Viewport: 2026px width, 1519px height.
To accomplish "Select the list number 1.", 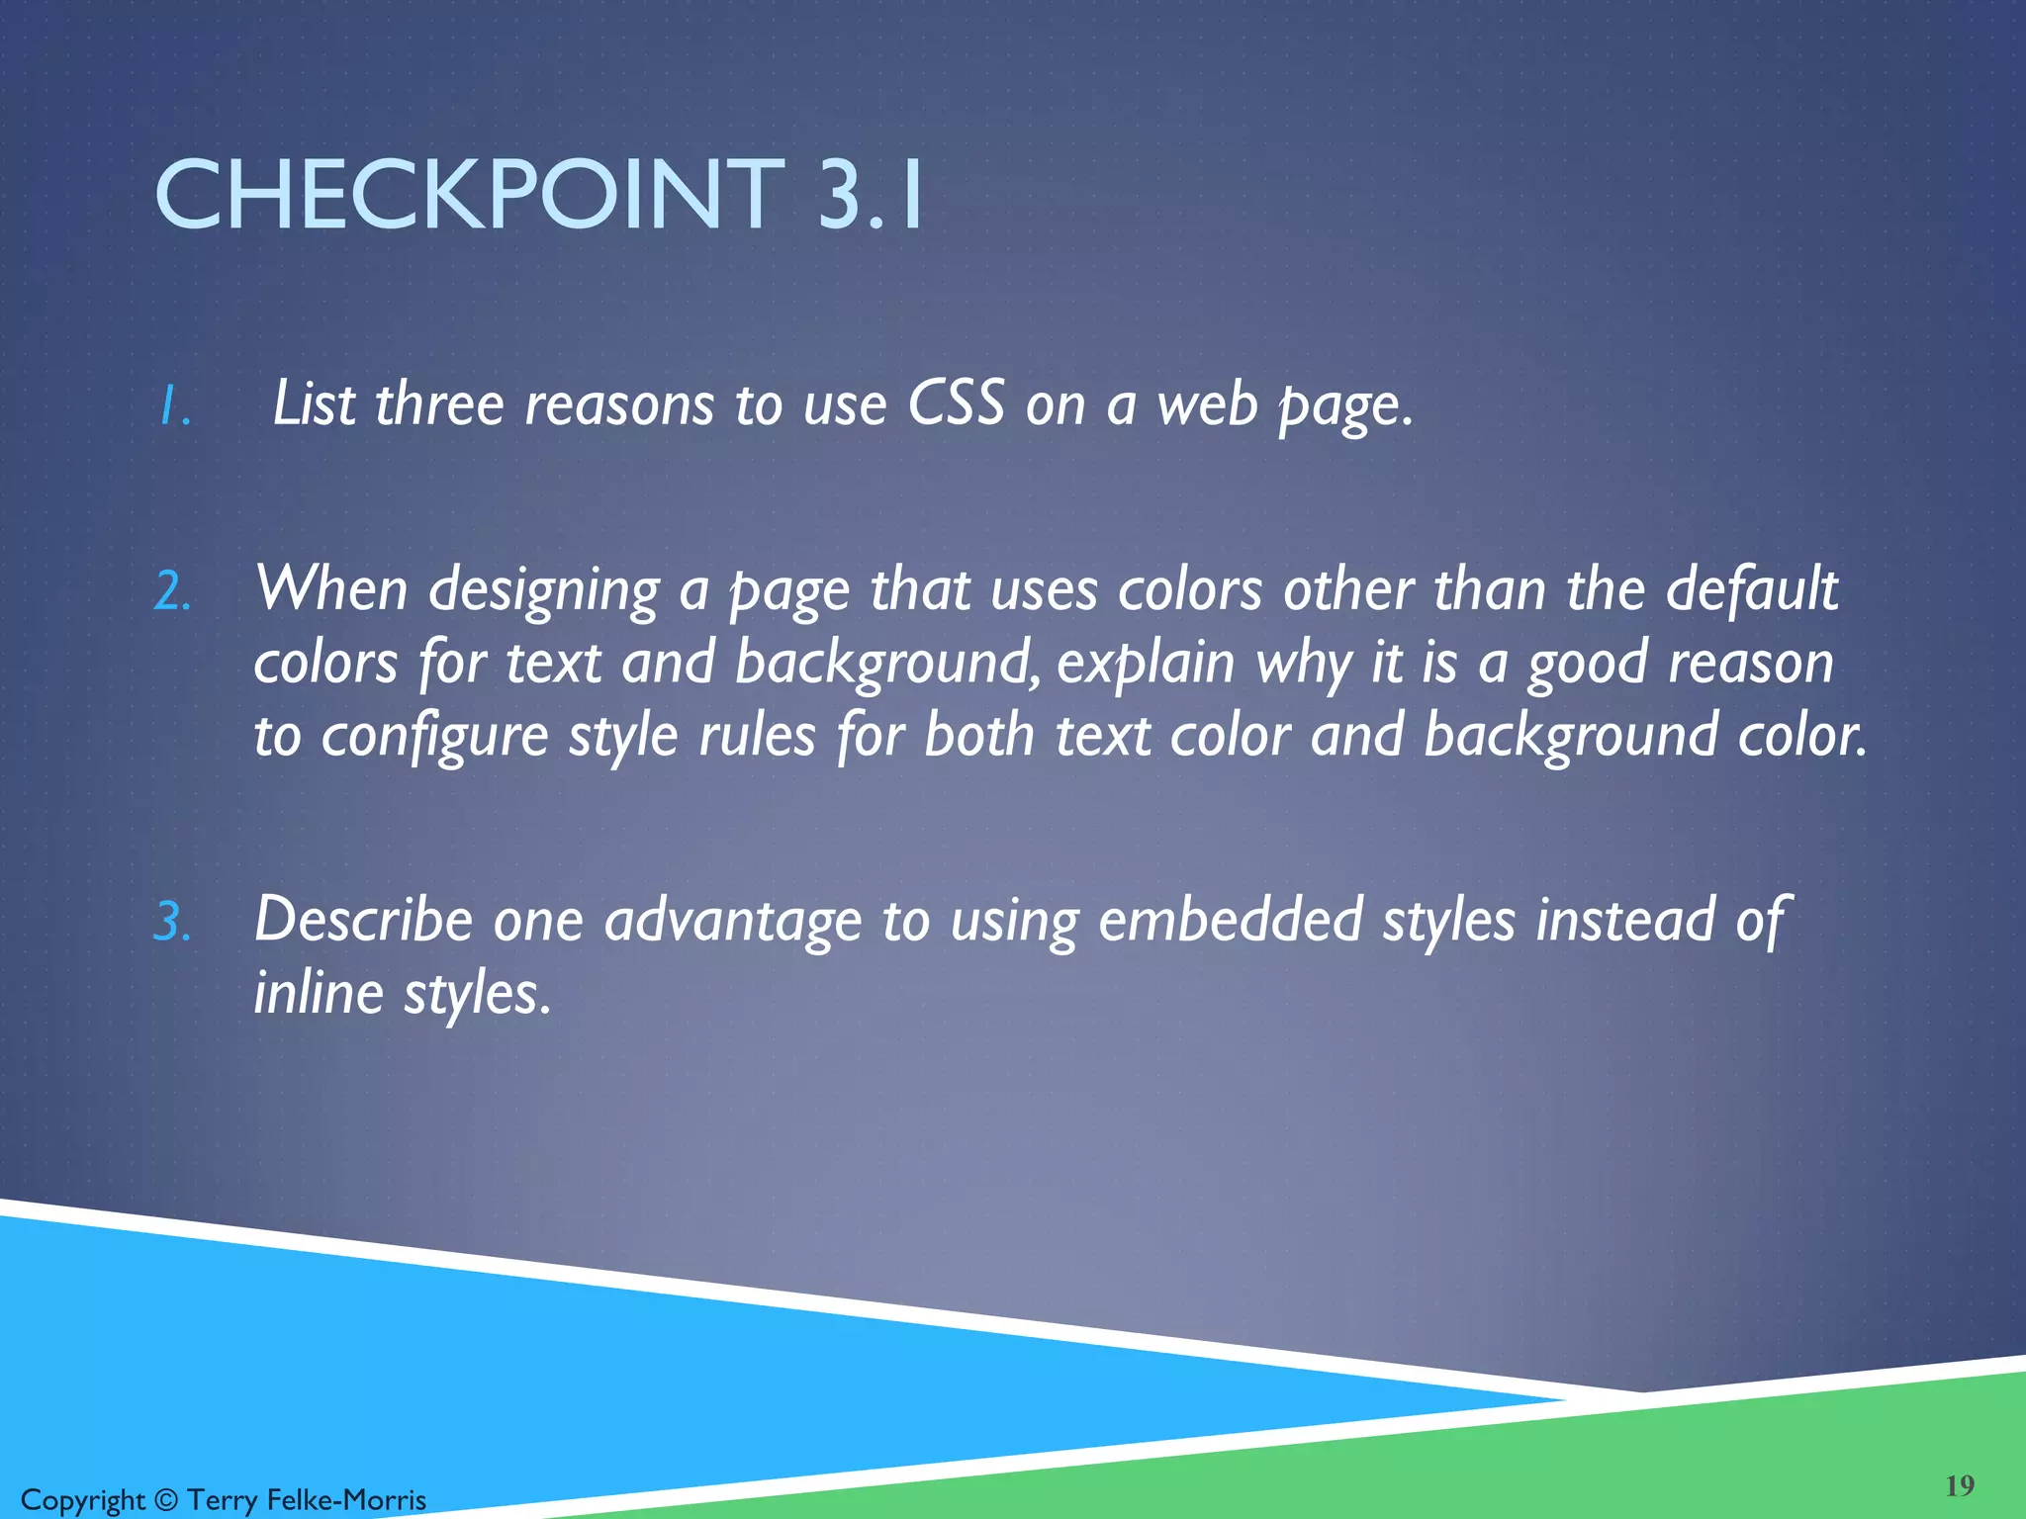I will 174,406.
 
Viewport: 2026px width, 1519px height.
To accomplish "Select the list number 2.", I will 172,591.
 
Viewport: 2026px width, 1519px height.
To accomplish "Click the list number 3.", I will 172,922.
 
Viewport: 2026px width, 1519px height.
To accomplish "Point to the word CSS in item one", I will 956,403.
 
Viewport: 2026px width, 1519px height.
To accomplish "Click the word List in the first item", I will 314,403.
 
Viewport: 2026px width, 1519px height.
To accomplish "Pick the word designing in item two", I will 543,591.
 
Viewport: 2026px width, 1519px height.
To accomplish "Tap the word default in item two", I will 1751,589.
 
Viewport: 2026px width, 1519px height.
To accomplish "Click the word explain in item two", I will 1146,664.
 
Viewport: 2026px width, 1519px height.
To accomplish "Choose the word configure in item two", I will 434,738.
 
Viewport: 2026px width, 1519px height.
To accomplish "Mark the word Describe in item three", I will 364,920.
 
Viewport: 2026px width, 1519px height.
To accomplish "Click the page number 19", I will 1960,1485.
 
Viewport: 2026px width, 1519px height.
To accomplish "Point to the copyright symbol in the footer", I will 166,1500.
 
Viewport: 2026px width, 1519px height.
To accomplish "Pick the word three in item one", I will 439,403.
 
